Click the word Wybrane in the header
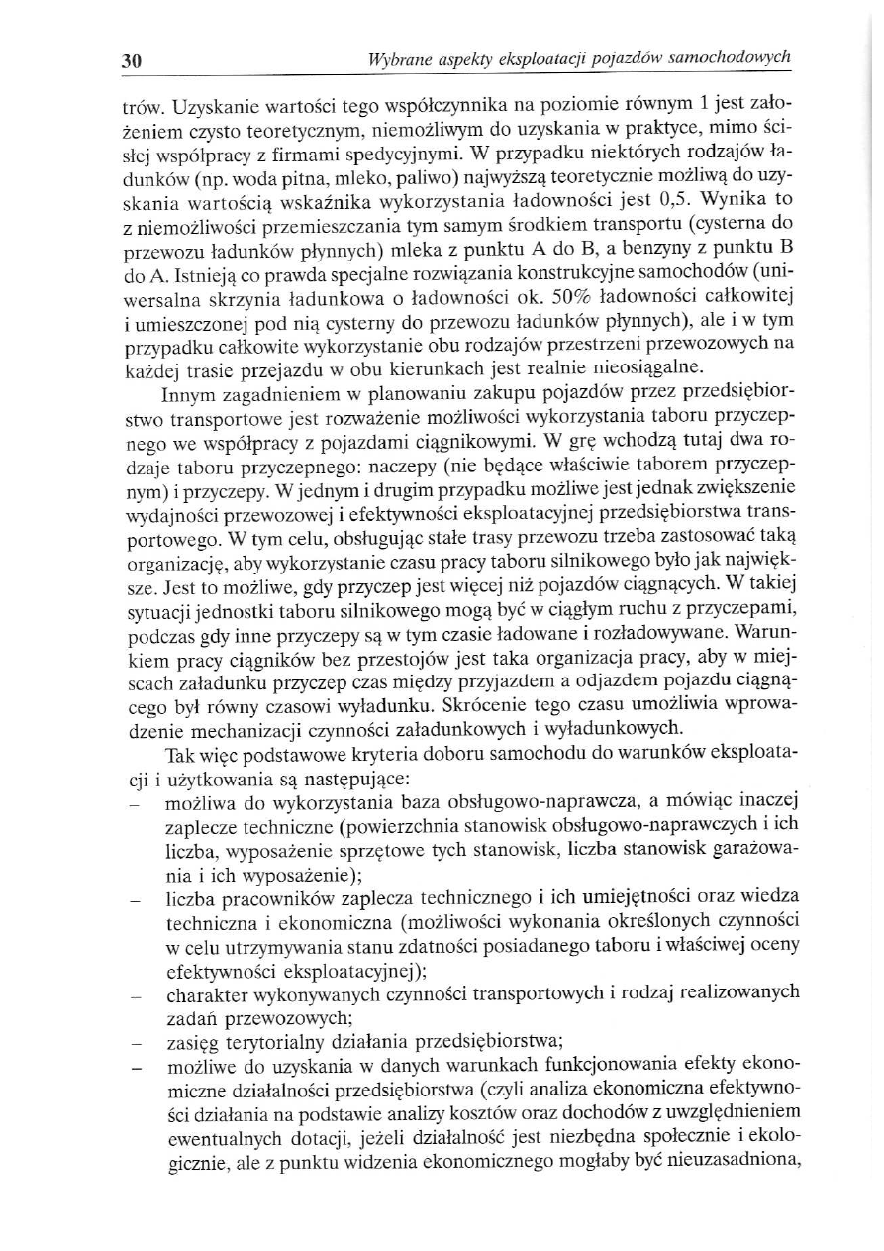[x=395, y=59]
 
